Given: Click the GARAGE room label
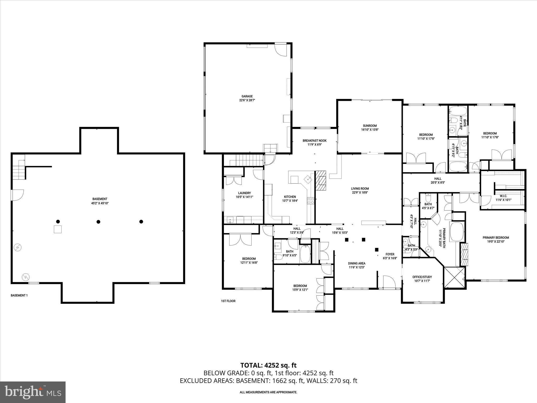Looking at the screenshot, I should click(x=247, y=96).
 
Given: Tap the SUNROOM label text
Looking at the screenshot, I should click(x=370, y=126).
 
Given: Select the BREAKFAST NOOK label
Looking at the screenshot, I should click(x=314, y=141).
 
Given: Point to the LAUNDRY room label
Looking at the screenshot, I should click(x=244, y=193).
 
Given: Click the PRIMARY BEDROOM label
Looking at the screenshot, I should click(x=496, y=238).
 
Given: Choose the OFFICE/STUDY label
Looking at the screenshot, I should click(x=422, y=277).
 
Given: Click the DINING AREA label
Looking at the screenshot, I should click(x=357, y=263).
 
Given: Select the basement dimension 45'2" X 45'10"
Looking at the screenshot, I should click(x=100, y=203).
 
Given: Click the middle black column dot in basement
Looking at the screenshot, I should click(x=98, y=222).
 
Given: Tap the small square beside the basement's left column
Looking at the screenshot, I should click(x=58, y=229).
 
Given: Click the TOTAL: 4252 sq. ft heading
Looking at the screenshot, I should click(x=268, y=365).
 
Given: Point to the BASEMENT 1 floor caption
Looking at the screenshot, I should click(x=19, y=295).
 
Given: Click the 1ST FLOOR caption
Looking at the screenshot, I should click(x=228, y=301).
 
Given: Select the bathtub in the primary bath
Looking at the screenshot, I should click(x=457, y=232).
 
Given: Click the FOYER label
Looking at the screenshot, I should click(x=390, y=254).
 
